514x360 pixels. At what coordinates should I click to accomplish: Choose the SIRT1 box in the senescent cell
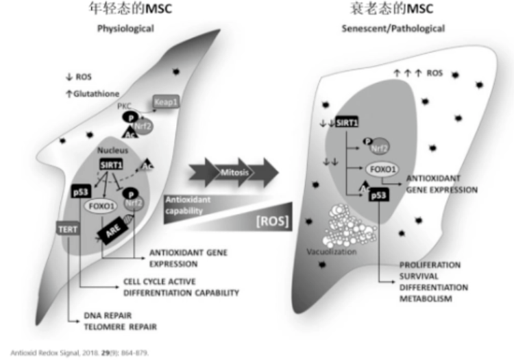[347, 122]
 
